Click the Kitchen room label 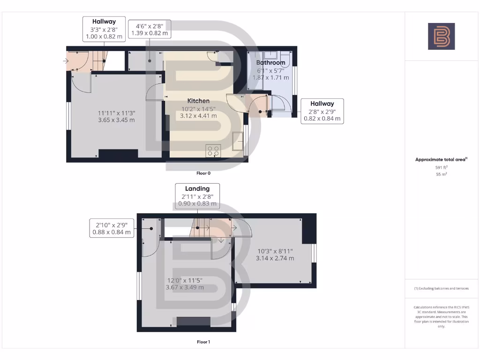(198, 101)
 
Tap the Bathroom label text (270, 62)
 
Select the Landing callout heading (197, 188)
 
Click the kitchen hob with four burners (213, 151)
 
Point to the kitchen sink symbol (238, 140)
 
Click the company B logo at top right (441, 36)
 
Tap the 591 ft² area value (441, 167)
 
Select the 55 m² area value (441, 174)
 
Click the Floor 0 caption (203, 173)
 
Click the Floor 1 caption (203, 342)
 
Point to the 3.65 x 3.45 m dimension (116, 120)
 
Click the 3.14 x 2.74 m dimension (275, 258)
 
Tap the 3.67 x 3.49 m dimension (185, 287)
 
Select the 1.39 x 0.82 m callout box (152, 29)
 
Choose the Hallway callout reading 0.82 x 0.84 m (322, 111)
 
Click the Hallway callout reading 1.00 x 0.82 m (104, 29)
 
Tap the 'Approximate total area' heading (441, 159)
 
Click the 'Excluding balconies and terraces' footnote (441, 288)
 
